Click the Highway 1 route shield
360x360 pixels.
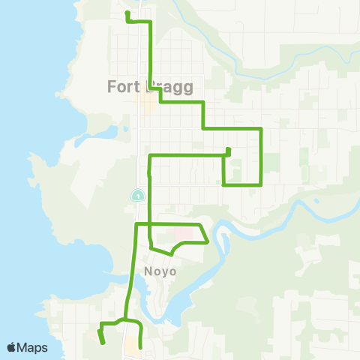[138, 195]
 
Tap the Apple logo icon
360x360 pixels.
[12, 347]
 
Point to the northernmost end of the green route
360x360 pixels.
[126, 13]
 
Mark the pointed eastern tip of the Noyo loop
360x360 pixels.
[207, 242]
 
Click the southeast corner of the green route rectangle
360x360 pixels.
[260, 184]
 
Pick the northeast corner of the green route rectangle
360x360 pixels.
[260, 129]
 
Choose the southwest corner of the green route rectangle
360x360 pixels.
[224, 184]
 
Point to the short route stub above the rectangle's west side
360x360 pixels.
[228, 151]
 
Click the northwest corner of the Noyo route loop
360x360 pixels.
[136, 224]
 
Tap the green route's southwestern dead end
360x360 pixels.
[103, 342]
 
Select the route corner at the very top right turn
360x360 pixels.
[152, 22]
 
